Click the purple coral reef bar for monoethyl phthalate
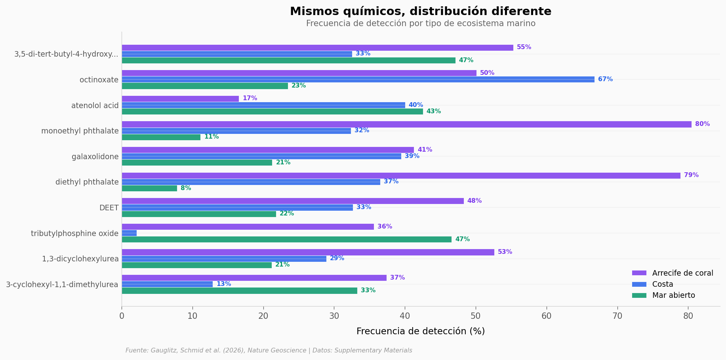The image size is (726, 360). (406, 124)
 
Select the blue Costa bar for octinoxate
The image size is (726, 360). (358, 80)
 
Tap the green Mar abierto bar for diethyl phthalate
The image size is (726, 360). (149, 189)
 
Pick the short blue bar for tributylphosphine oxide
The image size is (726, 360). (129, 233)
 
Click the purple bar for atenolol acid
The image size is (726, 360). (180, 99)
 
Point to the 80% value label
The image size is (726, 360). (702, 124)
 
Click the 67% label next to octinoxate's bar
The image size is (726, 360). (605, 80)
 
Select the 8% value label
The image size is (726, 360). (186, 189)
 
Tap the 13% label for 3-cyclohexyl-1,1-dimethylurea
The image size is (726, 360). (224, 284)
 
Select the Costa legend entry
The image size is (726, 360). (662, 284)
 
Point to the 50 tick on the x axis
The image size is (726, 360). (476, 316)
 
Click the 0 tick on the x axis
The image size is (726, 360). (122, 316)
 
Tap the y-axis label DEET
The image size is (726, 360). (109, 208)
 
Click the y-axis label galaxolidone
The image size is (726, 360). (95, 157)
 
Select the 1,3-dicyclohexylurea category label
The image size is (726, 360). (80, 259)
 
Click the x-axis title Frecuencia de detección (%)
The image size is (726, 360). (421, 331)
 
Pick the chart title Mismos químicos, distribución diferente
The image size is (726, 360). (421, 11)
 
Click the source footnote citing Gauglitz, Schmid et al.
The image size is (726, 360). (269, 350)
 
